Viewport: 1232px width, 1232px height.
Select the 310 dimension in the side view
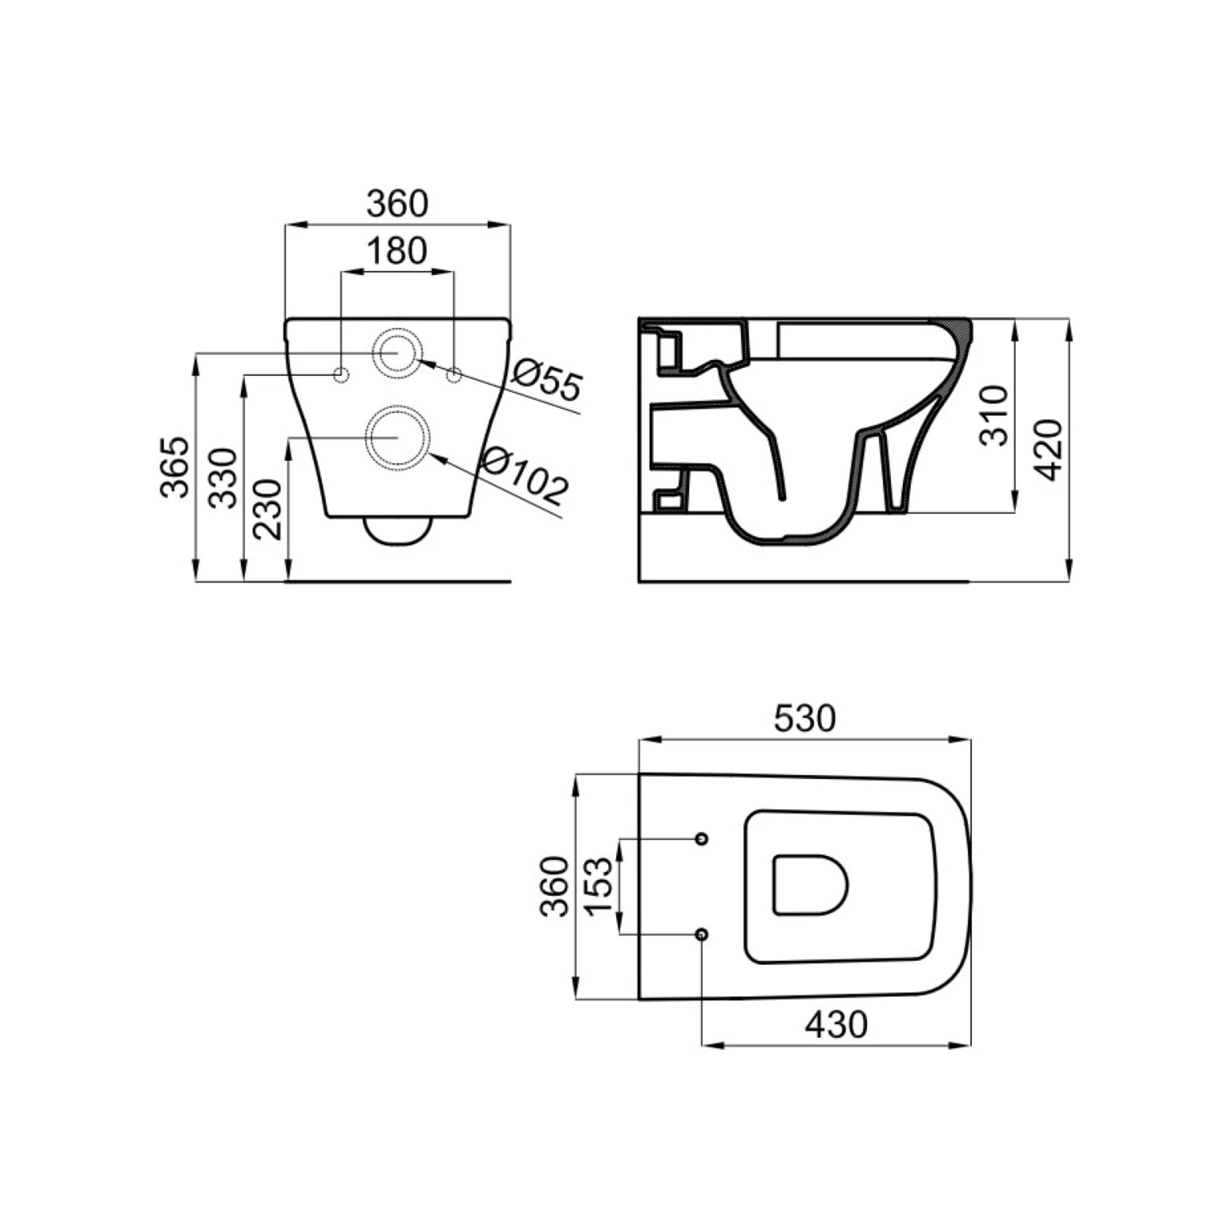(994, 415)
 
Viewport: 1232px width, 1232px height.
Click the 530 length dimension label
(804, 719)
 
